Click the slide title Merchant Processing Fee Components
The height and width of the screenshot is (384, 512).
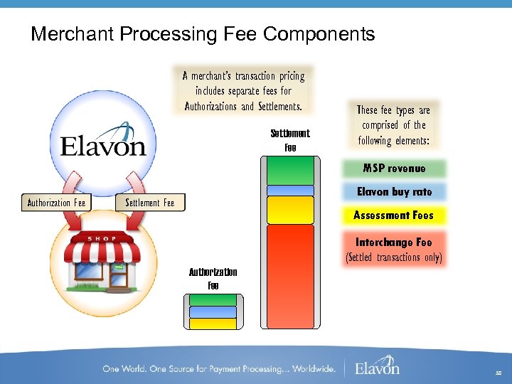pyautogui.click(x=203, y=34)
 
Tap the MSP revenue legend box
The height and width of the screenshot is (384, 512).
pyautogui.click(x=394, y=169)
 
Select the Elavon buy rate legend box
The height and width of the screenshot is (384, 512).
pyautogui.click(x=394, y=191)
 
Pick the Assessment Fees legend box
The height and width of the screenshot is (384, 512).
pyautogui.click(x=394, y=215)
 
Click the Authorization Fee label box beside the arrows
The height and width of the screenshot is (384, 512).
pyautogui.click(x=56, y=203)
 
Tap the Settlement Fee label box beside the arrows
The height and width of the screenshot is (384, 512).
pyautogui.click(x=149, y=203)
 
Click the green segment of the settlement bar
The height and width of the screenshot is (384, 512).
pyautogui.click(x=289, y=170)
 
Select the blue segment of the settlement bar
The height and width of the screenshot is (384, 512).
pyautogui.click(x=289, y=190)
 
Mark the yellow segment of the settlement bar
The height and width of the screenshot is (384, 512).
pyautogui.click(x=289, y=210)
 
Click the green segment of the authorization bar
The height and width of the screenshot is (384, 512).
pyautogui.click(x=213, y=299)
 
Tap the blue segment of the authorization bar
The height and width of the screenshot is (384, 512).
pyautogui.click(x=213, y=311)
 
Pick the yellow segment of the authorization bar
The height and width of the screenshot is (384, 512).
pyautogui.click(x=213, y=324)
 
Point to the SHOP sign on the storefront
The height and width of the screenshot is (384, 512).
pyautogui.click(x=103, y=239)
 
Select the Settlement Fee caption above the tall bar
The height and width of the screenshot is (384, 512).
pyautogui.click(x=290, y=140)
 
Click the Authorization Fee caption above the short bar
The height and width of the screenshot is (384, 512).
pyautogui.click(x=213, y=278)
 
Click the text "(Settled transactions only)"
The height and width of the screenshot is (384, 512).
pyautogui.click(x=394, y=257)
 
